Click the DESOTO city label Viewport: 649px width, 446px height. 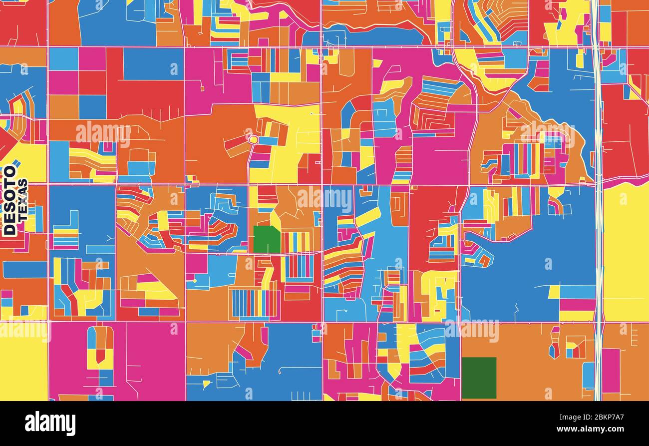(x=9, y=200)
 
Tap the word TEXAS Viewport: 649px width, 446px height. (x=22, y=200)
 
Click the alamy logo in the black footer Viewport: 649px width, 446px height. (x=50, y=424)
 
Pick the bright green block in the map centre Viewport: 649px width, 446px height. (x=266, y=240)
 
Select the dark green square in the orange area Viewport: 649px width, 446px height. (x=479, y=378)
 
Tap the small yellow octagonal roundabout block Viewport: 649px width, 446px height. (x=253, y=139)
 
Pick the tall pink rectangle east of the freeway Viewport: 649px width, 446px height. (x=610, y=370)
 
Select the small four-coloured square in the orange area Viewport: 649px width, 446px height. (x=576, y=347)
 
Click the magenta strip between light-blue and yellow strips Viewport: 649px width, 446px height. (x=577, y=304)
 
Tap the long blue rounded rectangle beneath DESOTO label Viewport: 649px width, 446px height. (x=24, y=270)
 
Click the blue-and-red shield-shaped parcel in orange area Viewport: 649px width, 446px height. (x=554, y=350)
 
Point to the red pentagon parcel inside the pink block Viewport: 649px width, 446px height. (x=100, y=355)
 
